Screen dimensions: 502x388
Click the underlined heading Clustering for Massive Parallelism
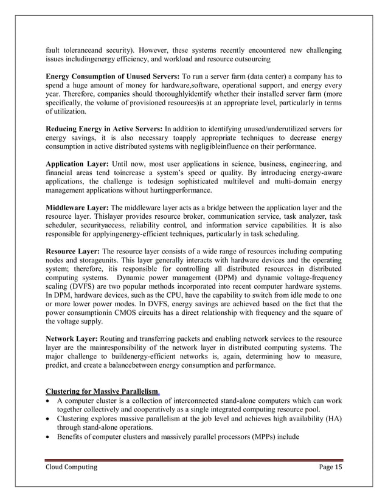click(102, 390)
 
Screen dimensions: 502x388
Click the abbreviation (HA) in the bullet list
click(329, 418)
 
